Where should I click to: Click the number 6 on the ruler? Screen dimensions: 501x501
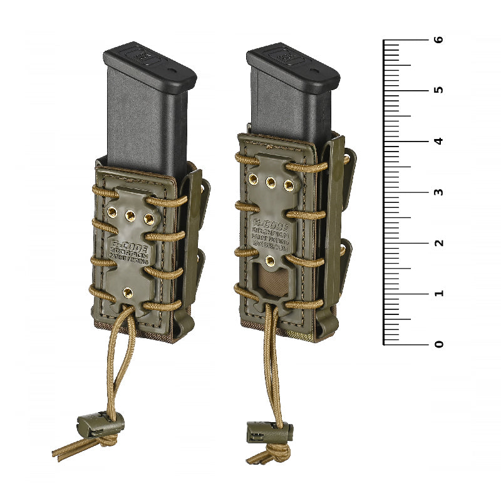point(440,39)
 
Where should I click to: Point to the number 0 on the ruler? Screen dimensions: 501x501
point(440,344)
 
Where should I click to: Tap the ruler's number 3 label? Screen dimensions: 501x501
point(440,192)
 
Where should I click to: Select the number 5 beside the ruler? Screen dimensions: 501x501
point(440,90)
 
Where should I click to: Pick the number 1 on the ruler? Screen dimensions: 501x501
point(440,293)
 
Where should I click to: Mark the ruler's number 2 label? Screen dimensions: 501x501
point(440,242)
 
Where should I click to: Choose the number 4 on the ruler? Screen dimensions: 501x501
point(440,141)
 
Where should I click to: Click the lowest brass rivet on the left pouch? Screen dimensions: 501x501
point(128,291)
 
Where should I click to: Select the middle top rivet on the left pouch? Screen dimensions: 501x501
point(130,215)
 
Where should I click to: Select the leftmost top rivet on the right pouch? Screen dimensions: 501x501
point(253,180)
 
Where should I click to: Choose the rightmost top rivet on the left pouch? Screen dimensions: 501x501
point(149,219)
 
